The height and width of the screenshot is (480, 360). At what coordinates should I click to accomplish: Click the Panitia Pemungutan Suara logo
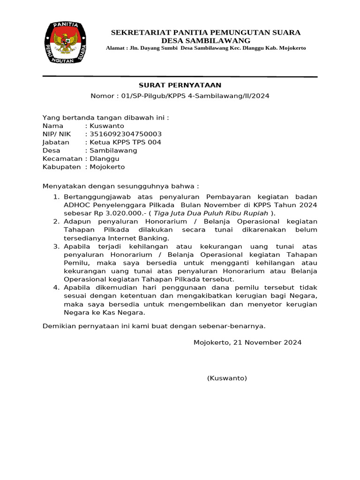click(x=66, y=43)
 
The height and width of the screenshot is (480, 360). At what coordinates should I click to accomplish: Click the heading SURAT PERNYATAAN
click(x=180, y=85)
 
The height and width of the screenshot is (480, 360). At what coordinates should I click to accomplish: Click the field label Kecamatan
click(x=62, y=158)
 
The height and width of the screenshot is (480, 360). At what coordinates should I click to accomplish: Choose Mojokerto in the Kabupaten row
click(x=107, y=167)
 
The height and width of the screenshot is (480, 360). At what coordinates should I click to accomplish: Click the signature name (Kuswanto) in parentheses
click(x=227, y=378)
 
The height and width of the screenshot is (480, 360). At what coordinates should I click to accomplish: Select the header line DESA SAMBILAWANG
click(x=205, y=41)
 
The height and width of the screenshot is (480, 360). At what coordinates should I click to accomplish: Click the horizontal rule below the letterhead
click(x=180, y=76)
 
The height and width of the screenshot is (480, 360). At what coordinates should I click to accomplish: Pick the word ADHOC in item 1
click(x=75, y=205)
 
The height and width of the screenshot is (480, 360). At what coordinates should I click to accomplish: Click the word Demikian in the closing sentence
click(x=58, y=326)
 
